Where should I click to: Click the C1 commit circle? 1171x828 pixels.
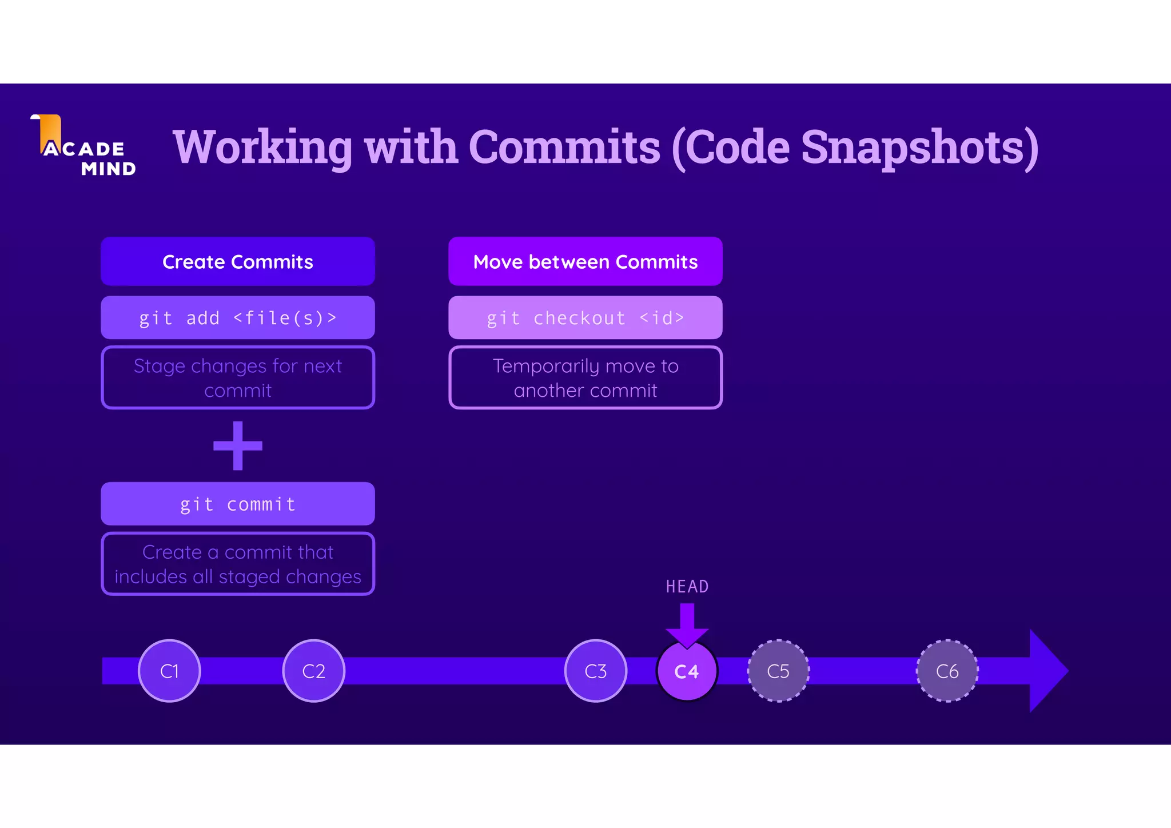coord(169,671)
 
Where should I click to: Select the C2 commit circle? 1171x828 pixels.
coord(313,671)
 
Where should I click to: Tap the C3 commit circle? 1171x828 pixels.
coord(595,671)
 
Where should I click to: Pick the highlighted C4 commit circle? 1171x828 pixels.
coord(687,671)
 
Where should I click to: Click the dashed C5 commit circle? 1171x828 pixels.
coord(778,671)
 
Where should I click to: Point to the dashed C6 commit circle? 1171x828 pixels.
coord(947,671)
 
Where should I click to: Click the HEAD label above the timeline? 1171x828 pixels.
coord(687,587)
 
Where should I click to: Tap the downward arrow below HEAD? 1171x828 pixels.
coord(687,625)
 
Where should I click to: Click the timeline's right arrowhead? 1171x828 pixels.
coord(1046,671)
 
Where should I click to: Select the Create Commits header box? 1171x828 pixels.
coord(238,261)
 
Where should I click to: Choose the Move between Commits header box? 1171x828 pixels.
coord(585,261)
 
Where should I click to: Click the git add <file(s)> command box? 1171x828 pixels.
coord(238,317)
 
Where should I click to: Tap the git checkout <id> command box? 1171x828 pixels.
coord(585,317)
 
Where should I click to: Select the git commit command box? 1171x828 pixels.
coord(238,504)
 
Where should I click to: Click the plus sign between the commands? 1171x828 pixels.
coord(238,446)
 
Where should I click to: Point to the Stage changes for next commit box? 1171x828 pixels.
coord(238,377)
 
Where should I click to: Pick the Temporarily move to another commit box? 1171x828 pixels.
coord(585,377)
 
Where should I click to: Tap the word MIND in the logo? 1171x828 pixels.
coord(109,169)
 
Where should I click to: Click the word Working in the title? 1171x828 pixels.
coord(262,147)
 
